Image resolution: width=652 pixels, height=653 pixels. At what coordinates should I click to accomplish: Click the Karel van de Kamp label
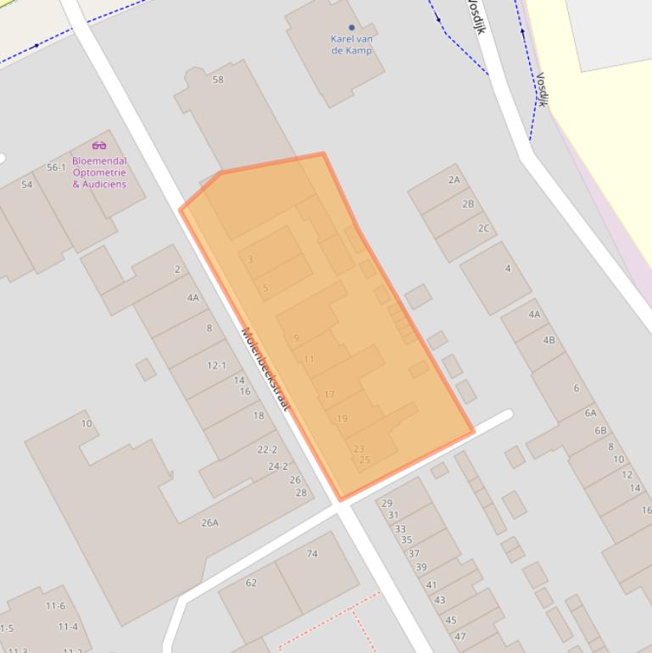pyautogui.click(x=352, y=44)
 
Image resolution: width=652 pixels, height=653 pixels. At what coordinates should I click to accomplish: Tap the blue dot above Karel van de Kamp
pyautogui.click(x=352, y=27)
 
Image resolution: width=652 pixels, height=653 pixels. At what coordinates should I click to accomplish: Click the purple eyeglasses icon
pyautogui.click(x=99, y=145)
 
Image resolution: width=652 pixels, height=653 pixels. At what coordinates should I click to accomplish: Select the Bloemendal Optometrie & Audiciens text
pyautogui.click(x=99, y=172)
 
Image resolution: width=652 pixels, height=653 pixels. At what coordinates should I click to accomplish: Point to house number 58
pyautogui.click(x=218, y=80)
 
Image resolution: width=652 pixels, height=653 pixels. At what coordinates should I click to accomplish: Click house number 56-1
pyautogui.click(x=56, y=167)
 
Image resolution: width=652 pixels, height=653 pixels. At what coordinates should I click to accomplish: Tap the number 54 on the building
pyautogui.click(x=26, y=184)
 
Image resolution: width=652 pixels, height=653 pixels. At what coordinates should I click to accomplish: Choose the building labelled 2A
pyautogui.click(x=454, y=180)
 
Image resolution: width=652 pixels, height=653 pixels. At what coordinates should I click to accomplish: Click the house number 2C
pyautogui.click(x=483, y=228)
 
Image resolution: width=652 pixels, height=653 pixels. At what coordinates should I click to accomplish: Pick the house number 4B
pyautogui.click(x=549, y=340)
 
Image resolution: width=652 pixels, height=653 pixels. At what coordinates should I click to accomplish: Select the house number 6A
pyautogui.click(x=590, y=413)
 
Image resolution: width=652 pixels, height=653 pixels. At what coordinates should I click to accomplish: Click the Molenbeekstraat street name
pyautogui.click(x=265, y=370)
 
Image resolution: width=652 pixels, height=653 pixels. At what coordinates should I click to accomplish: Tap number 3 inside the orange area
pyautogui.click(x=250, y=260)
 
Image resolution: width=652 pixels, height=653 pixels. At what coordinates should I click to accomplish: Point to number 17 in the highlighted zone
pyautogui.click(x=329, y=394)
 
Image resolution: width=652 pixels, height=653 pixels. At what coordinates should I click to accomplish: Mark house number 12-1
pyautogui.click(x=216, y=366)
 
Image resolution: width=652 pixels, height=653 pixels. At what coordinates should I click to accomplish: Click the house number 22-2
pyautogui.click(x=267, y=449)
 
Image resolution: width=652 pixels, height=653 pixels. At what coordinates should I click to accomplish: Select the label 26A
pyautogui.click(x=209, y=522)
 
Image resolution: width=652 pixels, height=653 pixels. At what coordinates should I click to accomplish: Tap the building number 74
pyautogui.click(x=312, y=554)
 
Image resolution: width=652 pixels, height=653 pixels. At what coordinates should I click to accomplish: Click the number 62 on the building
pyautogui.click(x=251, y=583)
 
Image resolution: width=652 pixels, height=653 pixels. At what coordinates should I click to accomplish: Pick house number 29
pyautogui.click(x=387, y=504)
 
